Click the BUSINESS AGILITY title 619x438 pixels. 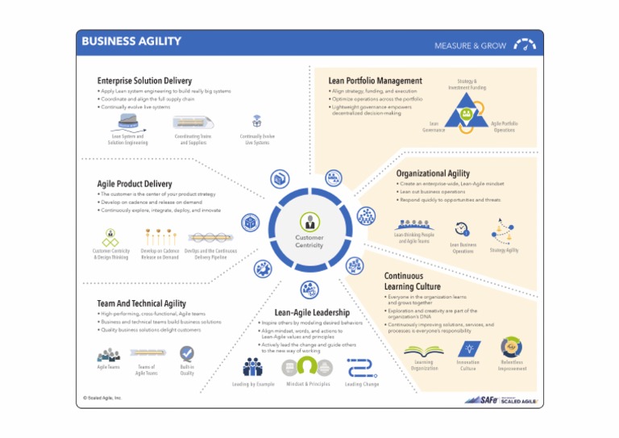[x=131, y=41]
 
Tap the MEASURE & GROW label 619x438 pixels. [x=470, y=46]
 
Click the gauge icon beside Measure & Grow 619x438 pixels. [x=525, y=44]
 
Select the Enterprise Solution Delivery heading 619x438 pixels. [x=144, y=81]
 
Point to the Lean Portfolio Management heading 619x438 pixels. [x=375, y=81]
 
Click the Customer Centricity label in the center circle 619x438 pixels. [x=309, y=241]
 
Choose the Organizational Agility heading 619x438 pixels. [x=433, y=173]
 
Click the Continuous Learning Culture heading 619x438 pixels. [x=412, y=281]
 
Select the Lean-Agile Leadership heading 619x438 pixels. [x=312, y=312]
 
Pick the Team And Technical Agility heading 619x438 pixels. [x=141, y=303]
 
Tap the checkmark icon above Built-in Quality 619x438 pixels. [x=187, y=353]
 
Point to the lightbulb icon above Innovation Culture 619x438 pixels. [x=468, y=348]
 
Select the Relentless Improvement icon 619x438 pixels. [x=511, y=348]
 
